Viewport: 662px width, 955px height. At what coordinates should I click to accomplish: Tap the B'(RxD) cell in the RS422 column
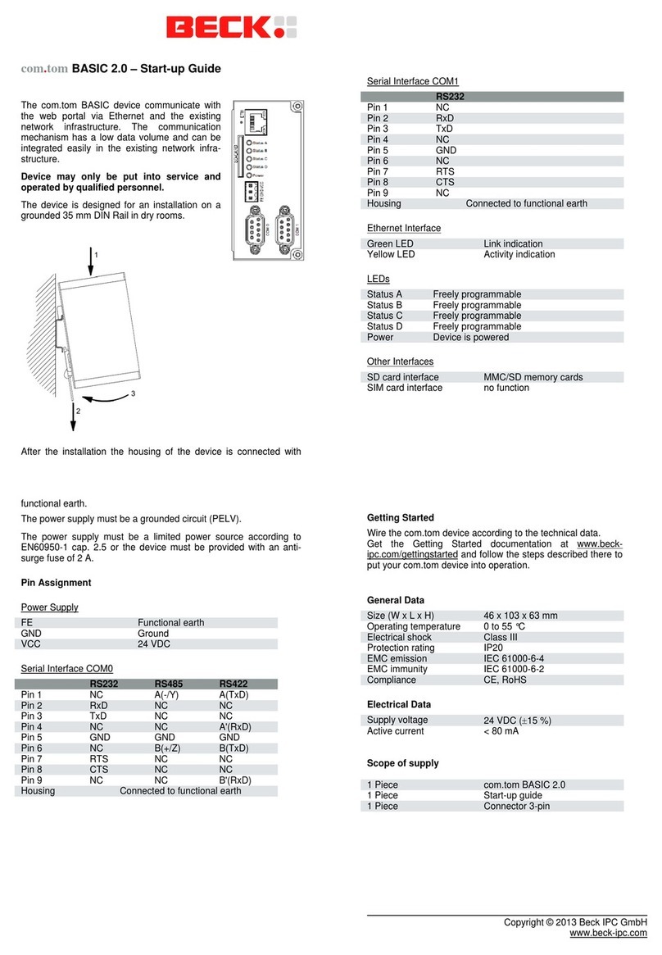pyautogui.click(x=234, y=780)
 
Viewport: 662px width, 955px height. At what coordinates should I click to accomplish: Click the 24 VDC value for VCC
pyautogui.click(x=153, y=644)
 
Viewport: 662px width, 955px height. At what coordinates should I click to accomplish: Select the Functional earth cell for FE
pyautogui.click(x=170, y=623)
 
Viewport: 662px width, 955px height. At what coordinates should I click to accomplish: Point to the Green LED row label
pyautogui.click(x=390, y=243)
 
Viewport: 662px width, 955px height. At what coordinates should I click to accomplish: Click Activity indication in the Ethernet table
pyautogui.click(x=519, y=254)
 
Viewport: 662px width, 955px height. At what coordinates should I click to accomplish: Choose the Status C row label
pyautogui.click(x=384, y=316)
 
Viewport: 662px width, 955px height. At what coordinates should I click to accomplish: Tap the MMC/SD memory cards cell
pyautogui.click(x=533, y=377)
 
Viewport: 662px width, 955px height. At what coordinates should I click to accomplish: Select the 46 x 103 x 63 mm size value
pyautogui.click(x=520, y=616)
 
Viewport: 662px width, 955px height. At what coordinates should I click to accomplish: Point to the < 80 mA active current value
pyautogui.click(x=503, y=731)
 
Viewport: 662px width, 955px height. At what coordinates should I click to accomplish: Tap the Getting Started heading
pyautogui.click(x=401, y=518)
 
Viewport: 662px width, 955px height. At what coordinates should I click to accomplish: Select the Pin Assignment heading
pyautogui.click(x=56, y=583)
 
